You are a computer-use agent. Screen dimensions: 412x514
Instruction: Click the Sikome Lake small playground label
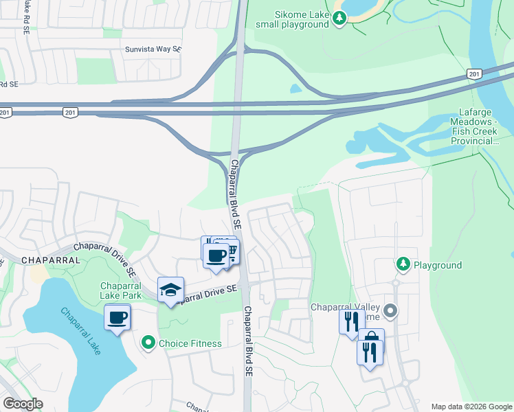[292, 19]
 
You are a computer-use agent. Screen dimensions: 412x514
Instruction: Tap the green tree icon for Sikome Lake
[339, 20]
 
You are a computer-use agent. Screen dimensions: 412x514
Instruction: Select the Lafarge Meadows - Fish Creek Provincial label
[482, 126]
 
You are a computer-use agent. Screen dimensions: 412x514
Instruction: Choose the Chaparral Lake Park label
[121, 290]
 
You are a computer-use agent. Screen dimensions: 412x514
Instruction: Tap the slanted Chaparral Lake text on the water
[80, 331]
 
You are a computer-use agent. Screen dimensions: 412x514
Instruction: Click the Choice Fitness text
[190, 343]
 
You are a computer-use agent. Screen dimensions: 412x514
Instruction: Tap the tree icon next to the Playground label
[403, 264]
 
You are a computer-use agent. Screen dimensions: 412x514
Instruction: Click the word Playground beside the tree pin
[438, 265]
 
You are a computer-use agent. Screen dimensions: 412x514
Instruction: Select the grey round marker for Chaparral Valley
[391, 311]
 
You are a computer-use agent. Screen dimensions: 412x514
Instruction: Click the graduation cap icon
[170, 290]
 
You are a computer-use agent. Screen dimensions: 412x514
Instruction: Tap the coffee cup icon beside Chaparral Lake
[118, 317]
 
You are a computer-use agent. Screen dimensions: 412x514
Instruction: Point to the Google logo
[23, 404]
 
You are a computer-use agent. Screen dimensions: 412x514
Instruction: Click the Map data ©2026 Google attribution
[471, 407]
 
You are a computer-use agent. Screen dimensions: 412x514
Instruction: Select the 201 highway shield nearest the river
[473, 73]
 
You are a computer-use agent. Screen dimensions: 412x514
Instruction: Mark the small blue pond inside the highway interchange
[295, 88]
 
